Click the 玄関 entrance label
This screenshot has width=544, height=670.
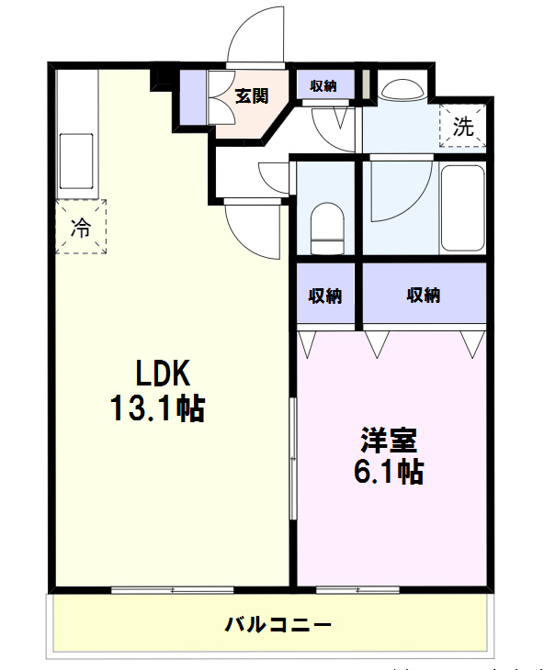pyautogui.click(x=253, y=96)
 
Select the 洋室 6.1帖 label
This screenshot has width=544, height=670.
pyautogui.click(x=389, y=455)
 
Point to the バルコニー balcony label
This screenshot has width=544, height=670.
pyautogui.click(x=278, y=625)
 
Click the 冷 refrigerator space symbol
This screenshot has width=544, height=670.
pyautogui.click(x=81, y=227)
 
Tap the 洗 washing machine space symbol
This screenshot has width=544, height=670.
pyautogui.click(x=463, y=126)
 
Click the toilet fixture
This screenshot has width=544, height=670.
pyautogui.click(x=327, y=229)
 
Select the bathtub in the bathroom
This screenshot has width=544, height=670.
pyautogui.click(x=463, y=208)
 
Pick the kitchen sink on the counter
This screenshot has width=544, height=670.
pyautogui.click(x=76, y=162)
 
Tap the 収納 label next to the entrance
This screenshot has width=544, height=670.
pyautogui.click(x=323, y=85)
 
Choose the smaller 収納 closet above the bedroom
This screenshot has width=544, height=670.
pyautogui.click(x=326, y=295)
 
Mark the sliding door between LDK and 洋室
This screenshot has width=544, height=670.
pyautogui.click(x=293, y=458)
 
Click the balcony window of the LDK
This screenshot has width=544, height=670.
pyautogui.click(x=173, y=590)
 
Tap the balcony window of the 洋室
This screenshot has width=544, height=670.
pyautogui.click(x=357, y=590)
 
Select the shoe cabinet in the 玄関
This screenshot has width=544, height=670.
pyautogui.click(x=193, y=96)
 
